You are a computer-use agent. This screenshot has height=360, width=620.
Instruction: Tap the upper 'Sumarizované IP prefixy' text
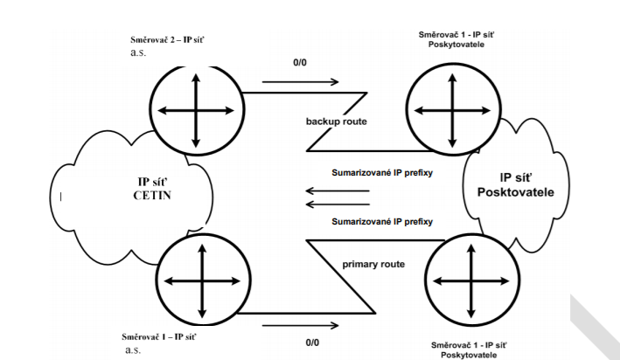382,172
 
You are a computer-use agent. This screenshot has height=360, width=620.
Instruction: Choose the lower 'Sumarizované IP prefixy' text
382,222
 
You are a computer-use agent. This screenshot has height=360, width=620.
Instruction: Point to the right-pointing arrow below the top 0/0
300,83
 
